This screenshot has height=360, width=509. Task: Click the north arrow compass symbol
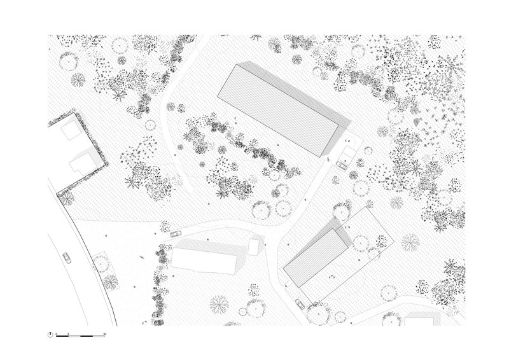pyautogui.click(x=50, y=334)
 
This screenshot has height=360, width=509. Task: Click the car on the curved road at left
pyautogui.click(x=66, y=258)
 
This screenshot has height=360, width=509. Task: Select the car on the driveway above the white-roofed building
pyautogui.click(x=174, y=233)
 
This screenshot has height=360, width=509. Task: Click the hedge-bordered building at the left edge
pyautogui.click(x=75, y=153)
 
